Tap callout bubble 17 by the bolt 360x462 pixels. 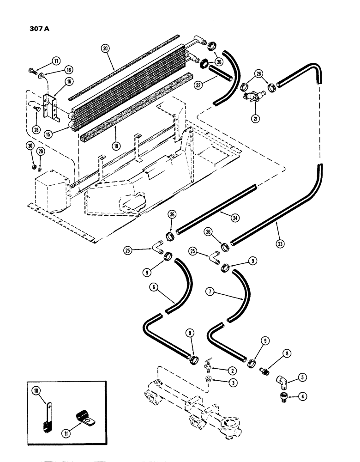(x=56, y=61)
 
